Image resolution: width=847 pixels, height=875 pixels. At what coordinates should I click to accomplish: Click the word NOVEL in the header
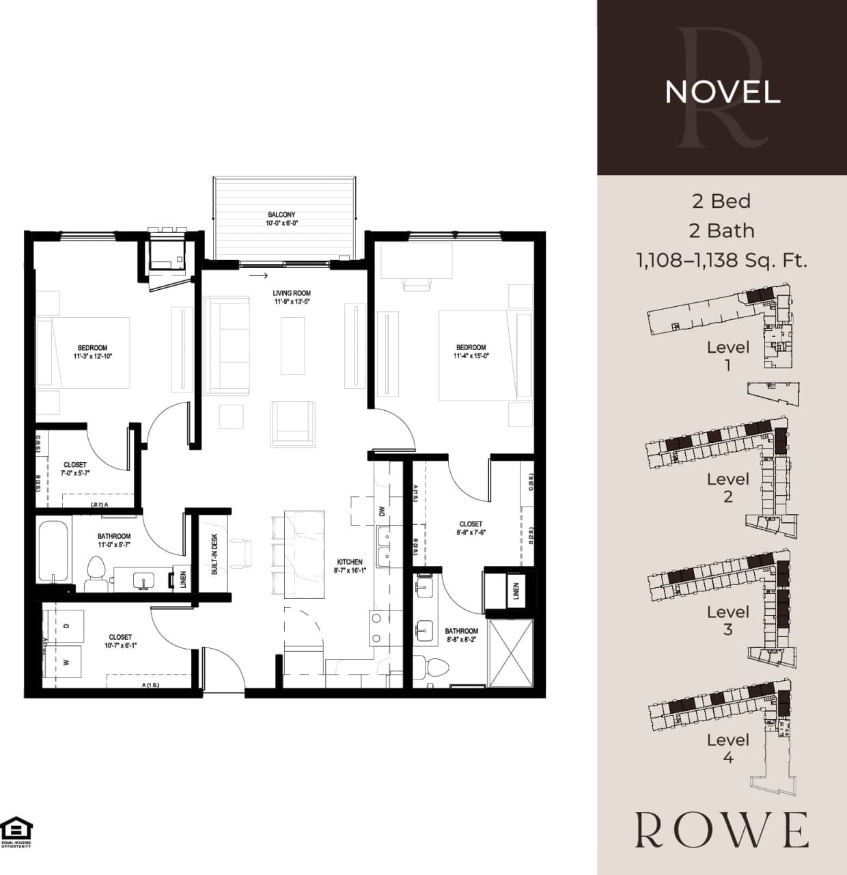(x=722, y=92)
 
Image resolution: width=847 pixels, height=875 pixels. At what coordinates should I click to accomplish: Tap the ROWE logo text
(x=722, y=830)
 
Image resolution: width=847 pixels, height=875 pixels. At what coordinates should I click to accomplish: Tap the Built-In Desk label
(x=214, y=554)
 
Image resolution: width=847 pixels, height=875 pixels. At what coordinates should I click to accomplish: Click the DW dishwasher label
(x=383, y=511)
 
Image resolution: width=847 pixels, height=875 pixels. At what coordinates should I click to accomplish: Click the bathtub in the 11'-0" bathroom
(x=53, y=552)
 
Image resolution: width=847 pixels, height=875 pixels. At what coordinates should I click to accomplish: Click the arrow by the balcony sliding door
(x=258, y=276)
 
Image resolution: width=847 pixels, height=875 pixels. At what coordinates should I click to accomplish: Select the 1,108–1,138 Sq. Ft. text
(x=722, y=260)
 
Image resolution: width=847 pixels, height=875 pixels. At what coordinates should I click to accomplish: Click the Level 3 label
(x=727, y=620)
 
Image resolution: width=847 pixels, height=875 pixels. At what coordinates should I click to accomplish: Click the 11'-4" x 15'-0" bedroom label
(x=471, y=351)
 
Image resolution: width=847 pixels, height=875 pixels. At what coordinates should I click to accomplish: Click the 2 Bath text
(x=722, y=230)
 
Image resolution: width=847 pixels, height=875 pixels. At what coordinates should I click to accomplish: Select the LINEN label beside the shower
(x=516, y=589)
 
